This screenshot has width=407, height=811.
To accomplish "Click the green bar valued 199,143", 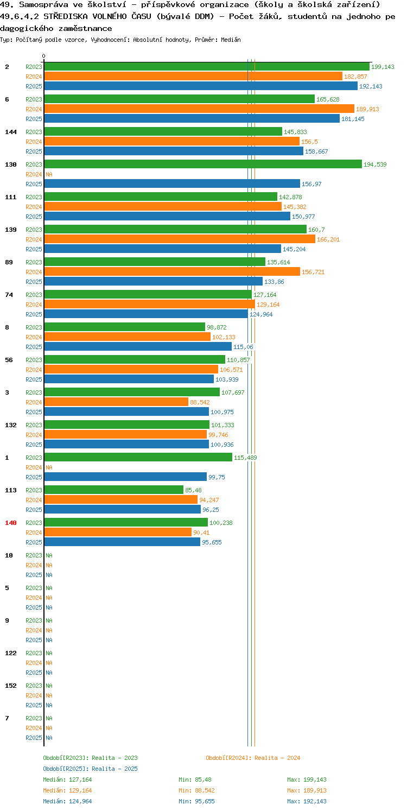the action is (x=207, y=66).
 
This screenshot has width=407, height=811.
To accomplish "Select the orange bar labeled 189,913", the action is (x=199, y=109).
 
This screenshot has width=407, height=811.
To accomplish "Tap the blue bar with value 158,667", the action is (x=174, y=151).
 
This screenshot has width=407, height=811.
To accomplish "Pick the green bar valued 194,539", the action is (x=203, y=164).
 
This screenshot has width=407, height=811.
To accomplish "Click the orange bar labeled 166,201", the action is (x=180, y=239).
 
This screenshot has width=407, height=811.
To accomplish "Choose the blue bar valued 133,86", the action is (x=154, y=281).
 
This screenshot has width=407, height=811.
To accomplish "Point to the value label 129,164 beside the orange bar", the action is (x=268, y=305).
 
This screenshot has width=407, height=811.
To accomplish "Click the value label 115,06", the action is (x=243, y=347).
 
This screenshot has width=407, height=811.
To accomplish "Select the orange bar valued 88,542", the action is (x=116, y=402).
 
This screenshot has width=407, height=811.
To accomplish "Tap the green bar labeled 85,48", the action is (x=114, y=490).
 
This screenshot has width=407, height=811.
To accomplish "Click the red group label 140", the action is (x=11, y=523).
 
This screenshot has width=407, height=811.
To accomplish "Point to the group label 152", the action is (x=11, y=686).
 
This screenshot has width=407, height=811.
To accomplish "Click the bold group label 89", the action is (x=9, y=262).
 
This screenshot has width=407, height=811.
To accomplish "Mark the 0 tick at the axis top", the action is (x=44, y=56).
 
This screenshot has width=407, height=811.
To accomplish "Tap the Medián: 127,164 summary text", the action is (x=67, y=780).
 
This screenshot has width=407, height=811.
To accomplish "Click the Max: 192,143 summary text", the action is (x=307, y=801).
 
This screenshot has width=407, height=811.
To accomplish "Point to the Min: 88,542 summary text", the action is (x=196, y=790).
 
